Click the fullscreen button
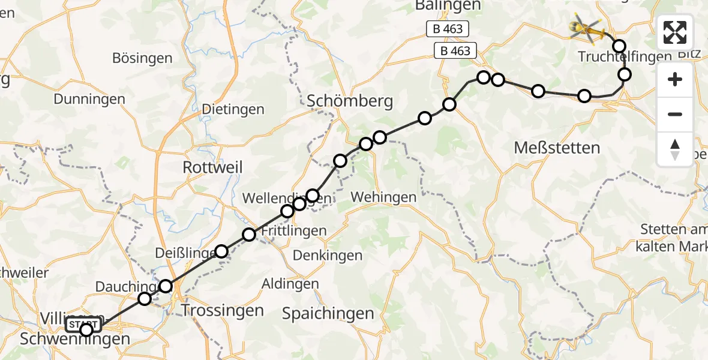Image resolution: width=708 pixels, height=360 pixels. point(675,32)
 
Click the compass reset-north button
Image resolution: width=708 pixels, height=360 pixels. point(675,149)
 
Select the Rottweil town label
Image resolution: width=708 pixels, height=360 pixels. point(213,168)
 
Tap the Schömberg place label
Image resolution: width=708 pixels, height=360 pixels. point(350,101)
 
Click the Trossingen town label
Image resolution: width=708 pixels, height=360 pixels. point(222,311)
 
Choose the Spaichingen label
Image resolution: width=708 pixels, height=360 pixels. point(328,313)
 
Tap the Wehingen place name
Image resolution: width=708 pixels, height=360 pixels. point(383,197)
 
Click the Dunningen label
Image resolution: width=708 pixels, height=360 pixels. point(89,100)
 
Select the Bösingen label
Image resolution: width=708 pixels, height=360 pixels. point(142,59)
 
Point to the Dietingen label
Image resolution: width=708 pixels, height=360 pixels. point(233,110)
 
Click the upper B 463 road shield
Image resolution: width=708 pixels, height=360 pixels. point(447,29)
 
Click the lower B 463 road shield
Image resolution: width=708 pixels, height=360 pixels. point(455,51)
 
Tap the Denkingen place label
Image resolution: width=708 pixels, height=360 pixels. point(328,256)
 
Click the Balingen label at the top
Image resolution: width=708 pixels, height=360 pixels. point(448,5)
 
